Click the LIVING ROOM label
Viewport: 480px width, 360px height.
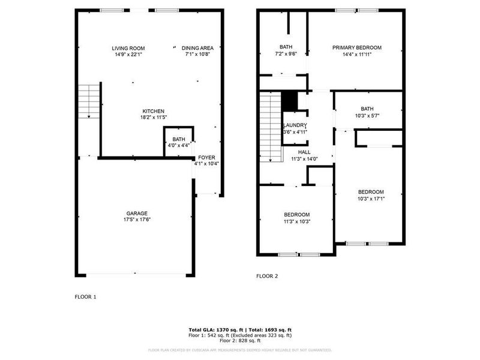pyautogui.click(x=128, y=48)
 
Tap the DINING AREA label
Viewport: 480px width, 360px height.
pyautogui.click(x=199, y=48)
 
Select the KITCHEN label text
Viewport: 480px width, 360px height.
pyautogui.click(x=153, y=111)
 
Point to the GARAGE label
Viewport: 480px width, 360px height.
pyautogui.click(x=137, y=213)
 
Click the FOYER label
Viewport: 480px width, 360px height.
pyautogui.click(x=206, y=157)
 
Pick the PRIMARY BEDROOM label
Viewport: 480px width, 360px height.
pyautogui.click(x=358, y=48)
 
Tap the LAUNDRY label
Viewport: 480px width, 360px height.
pyautogui.click(x=295, y=125)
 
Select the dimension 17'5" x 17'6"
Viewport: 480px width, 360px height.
pyautogui.click(x=137, y=220)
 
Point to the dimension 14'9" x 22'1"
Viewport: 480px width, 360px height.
pyautogui.click(x=128, y=55)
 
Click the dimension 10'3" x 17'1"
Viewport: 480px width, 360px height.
pyautogui.click(x=371, y=199)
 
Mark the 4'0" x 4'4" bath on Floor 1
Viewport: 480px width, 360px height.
pyautogui.click(x=179, y=142)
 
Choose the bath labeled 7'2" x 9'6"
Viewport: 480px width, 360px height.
pyautogui.click(x=286, y=50)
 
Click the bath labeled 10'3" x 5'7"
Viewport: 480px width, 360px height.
pyautogui.click(x=367, y=112)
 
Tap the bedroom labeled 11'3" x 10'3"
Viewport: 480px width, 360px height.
pyautogui.click(x=296, y=218)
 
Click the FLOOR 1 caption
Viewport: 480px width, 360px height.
pyautogui.click(x=85, y=296)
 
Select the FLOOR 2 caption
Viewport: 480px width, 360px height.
pyautogui.click(x=268, y=276)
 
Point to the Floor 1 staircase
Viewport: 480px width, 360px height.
pyautogui.click(x=89, y=100)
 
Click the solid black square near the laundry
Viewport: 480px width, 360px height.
pyautogui.click(x=290, y=101)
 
